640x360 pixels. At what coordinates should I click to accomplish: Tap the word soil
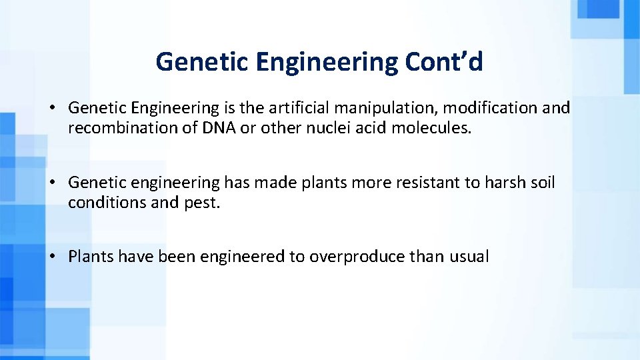541,182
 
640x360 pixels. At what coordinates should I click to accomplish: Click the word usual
469,257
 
